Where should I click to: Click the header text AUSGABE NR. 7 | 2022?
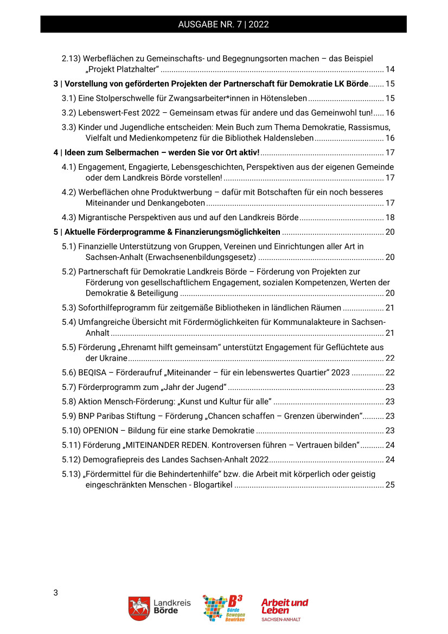pyautogui.click(x=223, y=24)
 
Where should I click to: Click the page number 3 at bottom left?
pyautogui.click(x=55, y=592)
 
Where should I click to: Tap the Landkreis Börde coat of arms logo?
pyautogui.click(x=139, y=609)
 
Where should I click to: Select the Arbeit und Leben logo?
pyautogui.click(x=284, y=609)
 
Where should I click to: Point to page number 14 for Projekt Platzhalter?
pyautogui.click(x=389, y=69)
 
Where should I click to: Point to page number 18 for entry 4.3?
pyautogui.click(x=389, y=217)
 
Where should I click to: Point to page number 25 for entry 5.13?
pyautogui.click(x=389, y=485)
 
